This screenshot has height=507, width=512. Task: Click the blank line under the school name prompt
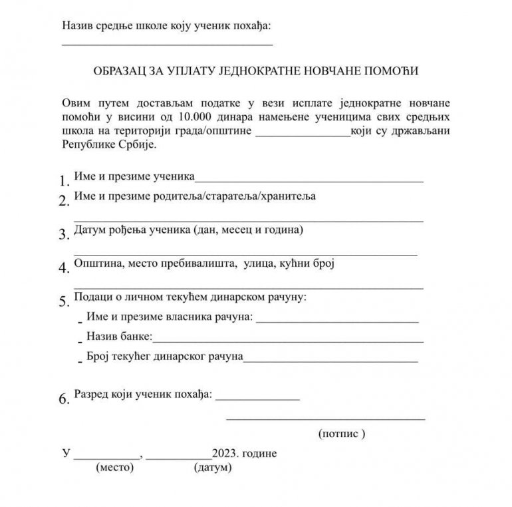(167, 44)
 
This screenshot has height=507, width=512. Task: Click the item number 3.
(64, 234)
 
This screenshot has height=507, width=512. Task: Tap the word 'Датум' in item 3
(90, 230)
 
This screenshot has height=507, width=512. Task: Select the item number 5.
(64, 301)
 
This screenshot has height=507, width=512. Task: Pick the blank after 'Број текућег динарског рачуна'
(330, 361)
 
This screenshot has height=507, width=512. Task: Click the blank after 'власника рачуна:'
(337, 321)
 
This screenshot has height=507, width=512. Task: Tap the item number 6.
(64, 399)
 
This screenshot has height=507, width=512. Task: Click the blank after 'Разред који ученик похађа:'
(257, 399)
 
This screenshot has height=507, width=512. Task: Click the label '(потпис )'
(343, 434)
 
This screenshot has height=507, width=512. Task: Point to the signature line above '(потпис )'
(326, 419)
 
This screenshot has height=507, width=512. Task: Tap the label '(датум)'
(212, 468)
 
